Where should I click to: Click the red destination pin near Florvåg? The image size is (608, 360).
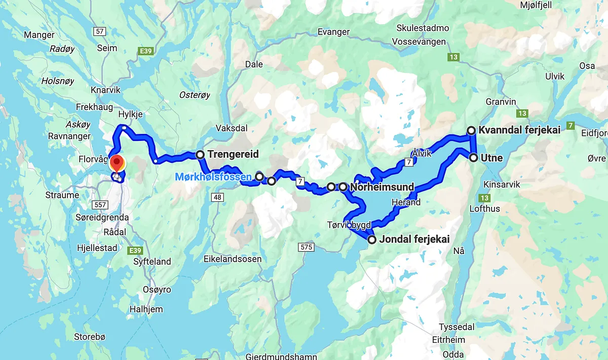(x=117, y=164)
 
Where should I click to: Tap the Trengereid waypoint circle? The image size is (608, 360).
(x=200, y=154)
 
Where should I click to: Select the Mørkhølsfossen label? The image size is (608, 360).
(x=213, y=177)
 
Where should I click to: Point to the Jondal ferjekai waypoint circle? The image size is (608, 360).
(x=372, y=240)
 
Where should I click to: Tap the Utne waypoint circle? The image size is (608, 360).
(x=473, y=158)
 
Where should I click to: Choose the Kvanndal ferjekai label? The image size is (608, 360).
(x=519, y=130)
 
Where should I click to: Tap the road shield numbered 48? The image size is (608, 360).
(x=218, y=197)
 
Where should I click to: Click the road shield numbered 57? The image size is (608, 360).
(x=99, y=31)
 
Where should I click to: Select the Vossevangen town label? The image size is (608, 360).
(x=422, y=42)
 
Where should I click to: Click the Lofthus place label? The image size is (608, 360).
(x=484, y=208)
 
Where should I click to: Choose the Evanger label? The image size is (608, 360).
(x=333, y=31)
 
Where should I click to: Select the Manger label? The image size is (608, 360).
(x=39, y=35)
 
